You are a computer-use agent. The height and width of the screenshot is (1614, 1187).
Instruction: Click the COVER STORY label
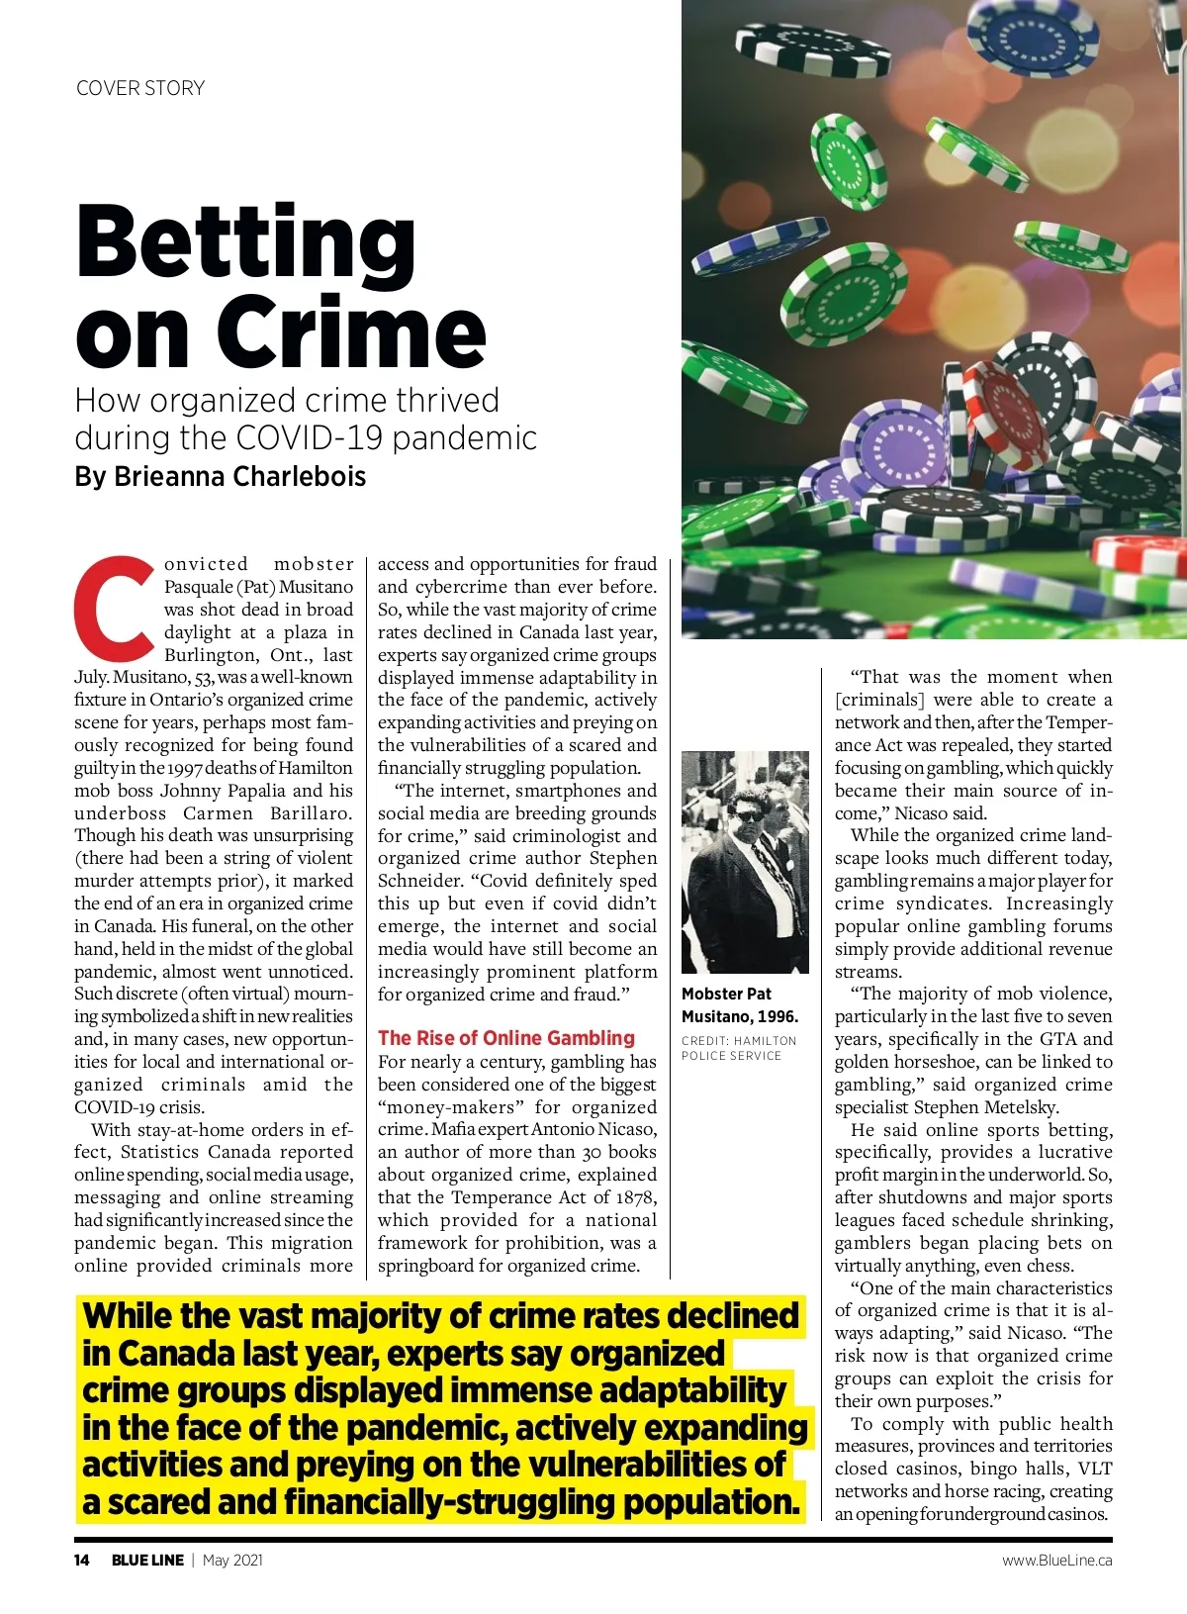tap(140, 88)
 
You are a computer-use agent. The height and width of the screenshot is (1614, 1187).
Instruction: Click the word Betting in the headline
tap(245, 242)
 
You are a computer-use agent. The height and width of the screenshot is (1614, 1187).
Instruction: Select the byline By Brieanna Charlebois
tap(220, 476)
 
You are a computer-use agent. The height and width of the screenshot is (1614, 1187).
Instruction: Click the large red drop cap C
tap(115, 608)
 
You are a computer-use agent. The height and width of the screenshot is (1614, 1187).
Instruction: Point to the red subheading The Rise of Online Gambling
tap(505, 1038)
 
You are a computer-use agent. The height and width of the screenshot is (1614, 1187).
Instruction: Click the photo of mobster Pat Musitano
tap(744, 862)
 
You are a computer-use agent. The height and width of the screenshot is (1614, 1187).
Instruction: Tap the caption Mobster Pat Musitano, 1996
tap(739, 1004)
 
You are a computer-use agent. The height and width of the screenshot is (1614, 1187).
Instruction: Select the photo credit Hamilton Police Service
tap(738, 1048)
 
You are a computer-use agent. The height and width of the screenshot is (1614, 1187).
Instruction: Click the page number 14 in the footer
tap(82, 1561)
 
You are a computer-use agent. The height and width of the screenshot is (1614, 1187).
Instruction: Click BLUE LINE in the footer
tap(147, 1561)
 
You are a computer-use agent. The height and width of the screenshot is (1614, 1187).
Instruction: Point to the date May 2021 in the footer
tap(232, 1561)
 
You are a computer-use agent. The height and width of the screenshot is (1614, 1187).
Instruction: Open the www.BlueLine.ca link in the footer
tap(1056, 1561)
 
